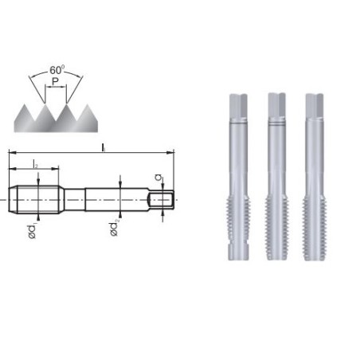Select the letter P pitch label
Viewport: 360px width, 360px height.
click(54, 82)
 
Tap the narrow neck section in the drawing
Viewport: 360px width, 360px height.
click(73, 197)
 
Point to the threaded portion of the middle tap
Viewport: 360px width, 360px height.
click(275, 219)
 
